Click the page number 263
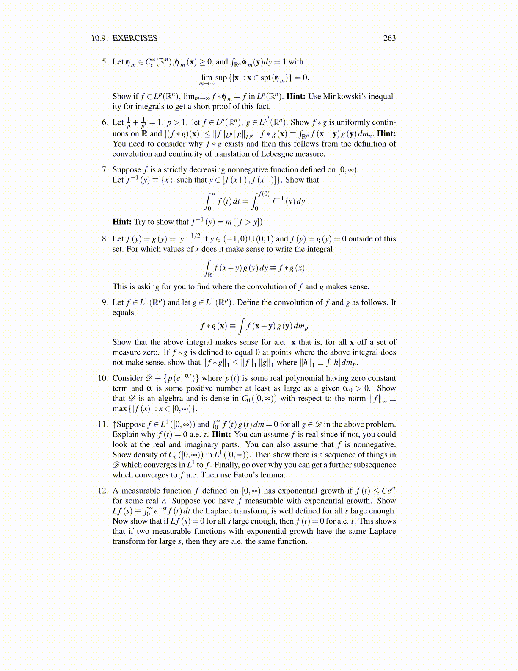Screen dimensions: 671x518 point(389,38)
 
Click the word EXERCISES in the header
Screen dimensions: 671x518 point(135,38)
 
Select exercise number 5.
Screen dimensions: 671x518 point(105,62)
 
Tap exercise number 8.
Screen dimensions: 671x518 point(105,239)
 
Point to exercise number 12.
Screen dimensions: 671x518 point(103,491)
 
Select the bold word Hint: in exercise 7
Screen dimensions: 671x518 point(122,222)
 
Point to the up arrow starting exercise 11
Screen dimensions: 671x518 point(114,424)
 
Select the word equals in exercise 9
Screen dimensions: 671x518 point(123,313)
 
